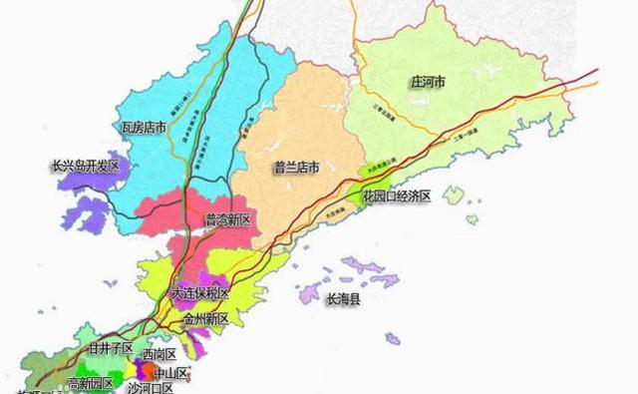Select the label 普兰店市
pyautogui.click(x=296, y=169)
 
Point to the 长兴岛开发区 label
pyautogui.click(x=85, y=167)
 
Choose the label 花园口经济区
pyautogui.click(x=395, y=197)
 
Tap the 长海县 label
pyautogui.click(x=349, y=298)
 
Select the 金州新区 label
pyautogui.click(x=205, y=319)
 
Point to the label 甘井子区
pyautogui.click(x=111, y=348)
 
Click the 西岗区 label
pyautogui.click(x=159, y=355)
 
